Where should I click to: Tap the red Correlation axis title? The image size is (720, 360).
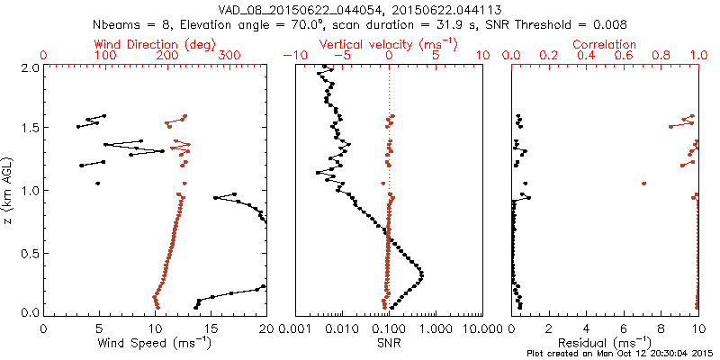(606, 44)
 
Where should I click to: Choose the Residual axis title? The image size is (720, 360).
(606, 342)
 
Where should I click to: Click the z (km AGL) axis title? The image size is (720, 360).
(11, 189)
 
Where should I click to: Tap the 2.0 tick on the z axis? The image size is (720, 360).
(31, 67)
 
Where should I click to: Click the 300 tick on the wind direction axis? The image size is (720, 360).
(229, 56)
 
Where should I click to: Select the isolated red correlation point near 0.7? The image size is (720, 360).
(644, 184)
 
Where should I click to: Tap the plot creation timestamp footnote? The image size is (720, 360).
(620, 353)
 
